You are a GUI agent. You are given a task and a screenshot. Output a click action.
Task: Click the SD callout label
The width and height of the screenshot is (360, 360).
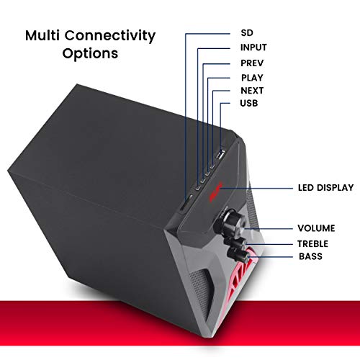(x=247, y=33)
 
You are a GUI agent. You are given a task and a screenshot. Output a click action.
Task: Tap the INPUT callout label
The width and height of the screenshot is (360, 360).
(x=253, y=48)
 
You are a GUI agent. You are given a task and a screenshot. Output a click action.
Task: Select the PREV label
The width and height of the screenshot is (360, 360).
(x=252, y=63)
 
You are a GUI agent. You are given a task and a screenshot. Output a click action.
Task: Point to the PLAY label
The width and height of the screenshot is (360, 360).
(x=252, y=78)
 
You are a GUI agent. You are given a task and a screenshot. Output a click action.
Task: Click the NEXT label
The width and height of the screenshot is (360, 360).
(x=252, y=91)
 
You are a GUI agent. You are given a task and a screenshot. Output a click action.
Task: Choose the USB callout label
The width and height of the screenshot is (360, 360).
(x=249, y=103)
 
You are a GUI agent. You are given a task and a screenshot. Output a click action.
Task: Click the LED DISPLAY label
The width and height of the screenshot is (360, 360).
(x=325, y=188)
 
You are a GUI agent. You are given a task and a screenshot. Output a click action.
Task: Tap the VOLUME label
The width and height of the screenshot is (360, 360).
(x=316, y=228)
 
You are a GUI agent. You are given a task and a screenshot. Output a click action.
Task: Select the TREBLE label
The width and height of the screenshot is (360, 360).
(x=312, y=244)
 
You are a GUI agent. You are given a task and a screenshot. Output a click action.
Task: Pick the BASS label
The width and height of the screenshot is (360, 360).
(x=310, y=256)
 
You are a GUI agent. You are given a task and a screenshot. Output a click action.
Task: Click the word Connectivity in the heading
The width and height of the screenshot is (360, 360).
(x=110, y=36)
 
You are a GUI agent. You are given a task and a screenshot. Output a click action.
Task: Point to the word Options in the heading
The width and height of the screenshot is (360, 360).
(x=90, y=53)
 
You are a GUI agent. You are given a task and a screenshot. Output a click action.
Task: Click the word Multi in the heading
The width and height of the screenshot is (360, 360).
(x=42, y=35)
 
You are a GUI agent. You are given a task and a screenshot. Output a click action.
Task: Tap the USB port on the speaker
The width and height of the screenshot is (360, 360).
(x=220, y=155)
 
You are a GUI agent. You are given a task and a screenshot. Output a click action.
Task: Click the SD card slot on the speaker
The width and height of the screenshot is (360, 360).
(x=186, y=202)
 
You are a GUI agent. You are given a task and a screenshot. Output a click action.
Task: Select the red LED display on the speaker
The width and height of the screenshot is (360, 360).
(x=216, y=192)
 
